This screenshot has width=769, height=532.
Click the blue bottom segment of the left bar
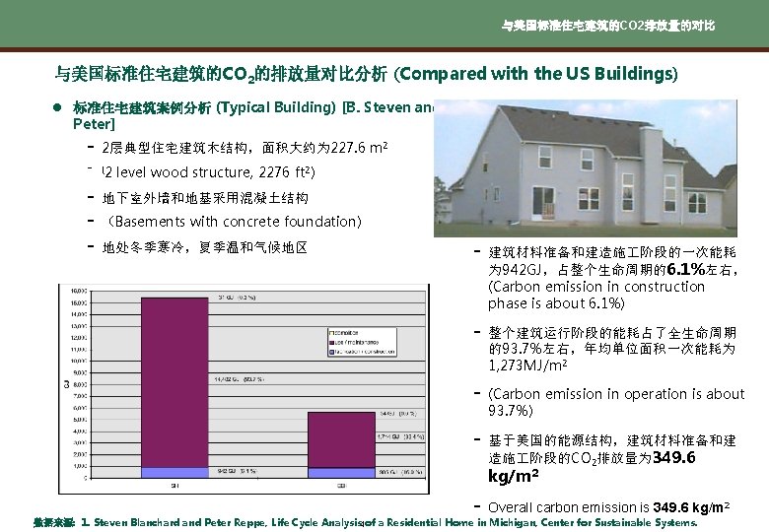(x=174, y=473)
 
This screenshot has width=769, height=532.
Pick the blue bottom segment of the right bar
(x=341, y=473)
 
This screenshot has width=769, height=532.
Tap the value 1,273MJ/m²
(x=524, y=364)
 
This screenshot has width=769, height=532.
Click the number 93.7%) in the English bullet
(x=513, y=410)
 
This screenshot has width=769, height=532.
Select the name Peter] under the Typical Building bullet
(x=94, y=125)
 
